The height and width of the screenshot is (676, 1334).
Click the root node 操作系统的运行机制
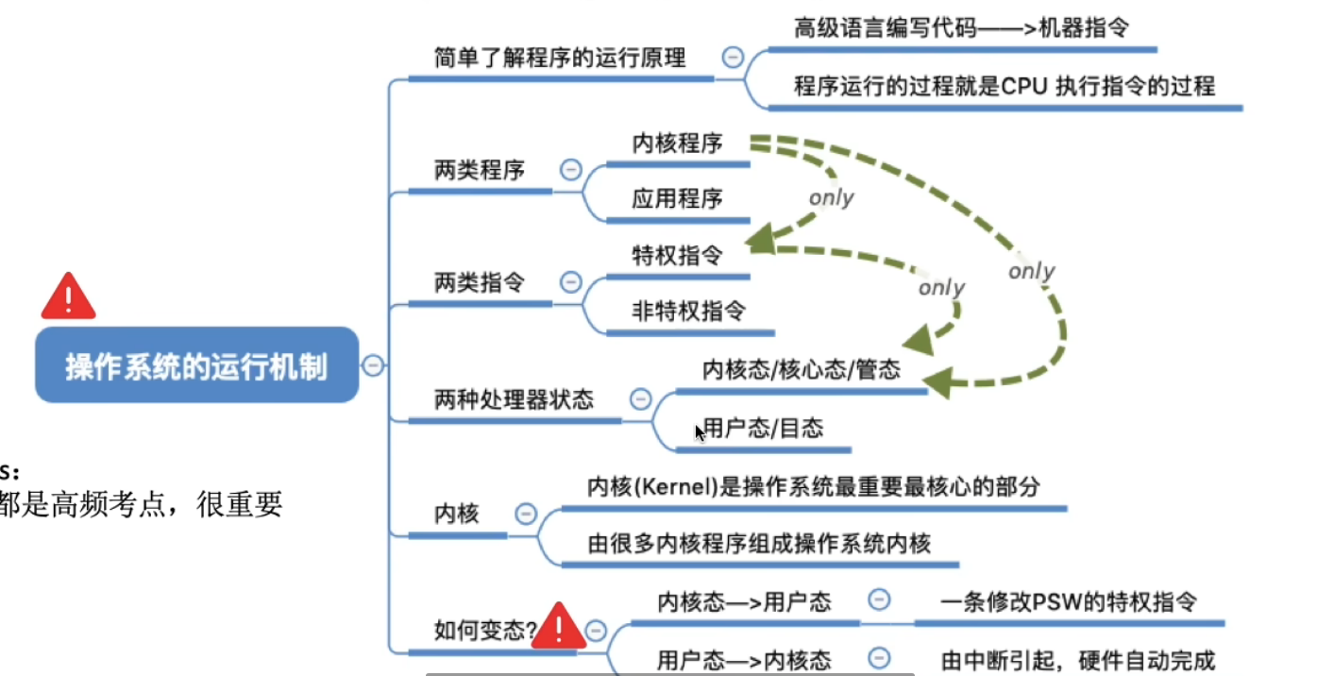pyautogui.click(x=196, y=366)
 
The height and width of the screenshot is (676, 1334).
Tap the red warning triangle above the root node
pyautogui.click(x=68, y=296)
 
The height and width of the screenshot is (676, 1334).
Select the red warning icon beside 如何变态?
pyautogui.click(x=558, y=626)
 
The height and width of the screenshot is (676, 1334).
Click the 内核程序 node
pyautogui.click(x=677, y=144)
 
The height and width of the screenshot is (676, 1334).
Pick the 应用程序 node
pyautogui.click(x=677, y=199)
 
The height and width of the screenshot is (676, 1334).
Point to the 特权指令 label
pyautogui.click(x=677, y=255)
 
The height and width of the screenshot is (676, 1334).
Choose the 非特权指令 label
pyautogui.click(x=688, y=311)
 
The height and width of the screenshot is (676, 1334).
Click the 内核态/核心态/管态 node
pyautogui.click(x=801, y=370)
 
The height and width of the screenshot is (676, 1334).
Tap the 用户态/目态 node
pyautogui.click(x=763, y=429)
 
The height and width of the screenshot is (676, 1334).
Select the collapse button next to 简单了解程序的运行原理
pyautogui.click(x=732, y=57)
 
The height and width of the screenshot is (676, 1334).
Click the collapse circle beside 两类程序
pyautogui.click(x=570, y=170)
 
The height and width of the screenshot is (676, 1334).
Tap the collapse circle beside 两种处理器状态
pyautogui.click(x=640, y=398)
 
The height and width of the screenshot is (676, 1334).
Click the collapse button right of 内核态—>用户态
pyautogui.click(x=879, y=600)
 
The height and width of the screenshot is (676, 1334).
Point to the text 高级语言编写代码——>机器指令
pyautogui.click(x=961, y=27)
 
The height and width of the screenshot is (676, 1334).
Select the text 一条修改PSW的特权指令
pyautogui.click(x=1069, y=601)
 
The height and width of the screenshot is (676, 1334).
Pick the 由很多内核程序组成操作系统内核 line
pyautogui.click(x=759, y=544)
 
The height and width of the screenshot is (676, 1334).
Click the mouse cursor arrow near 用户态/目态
pyautogui.click(x=699, y=432)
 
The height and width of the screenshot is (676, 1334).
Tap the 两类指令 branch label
pyautogui.click(x=479, y=282)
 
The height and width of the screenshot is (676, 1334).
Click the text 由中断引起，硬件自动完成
pyautogui.click(x=1078, y=660)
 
